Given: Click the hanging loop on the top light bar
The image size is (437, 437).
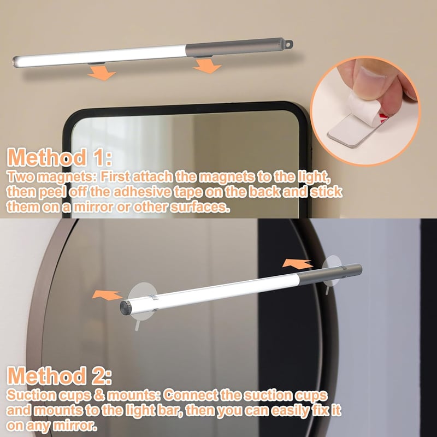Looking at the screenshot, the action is (x=289, y=44).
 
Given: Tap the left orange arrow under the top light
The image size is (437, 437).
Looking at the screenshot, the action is (x=102, y=73).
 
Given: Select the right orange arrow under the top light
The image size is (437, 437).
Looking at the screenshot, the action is (x=208, y=66).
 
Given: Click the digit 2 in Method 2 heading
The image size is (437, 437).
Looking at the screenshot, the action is (x=98, y=375).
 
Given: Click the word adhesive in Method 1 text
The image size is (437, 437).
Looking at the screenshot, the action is (x=142, y=192).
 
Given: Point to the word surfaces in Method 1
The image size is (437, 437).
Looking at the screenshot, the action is (x=200, y=207).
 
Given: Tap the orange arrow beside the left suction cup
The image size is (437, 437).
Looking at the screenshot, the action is (x=107, y=295).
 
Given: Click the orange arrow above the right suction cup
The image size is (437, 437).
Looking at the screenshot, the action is (x=297, y=263).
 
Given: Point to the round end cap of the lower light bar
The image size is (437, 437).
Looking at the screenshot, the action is (x=125, y=308).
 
